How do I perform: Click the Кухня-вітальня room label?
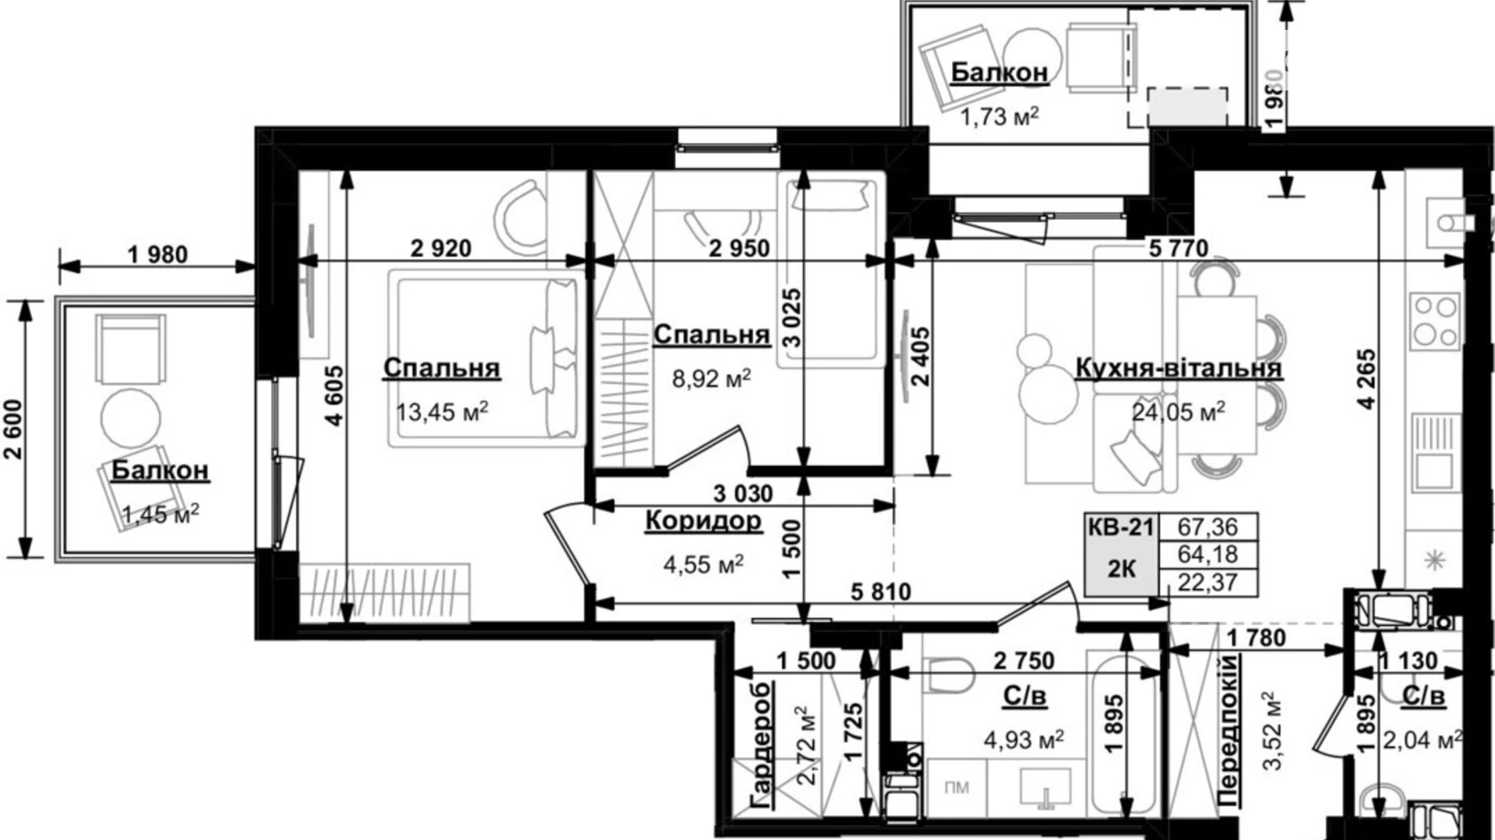pyautogui.click(x=1178, y=367)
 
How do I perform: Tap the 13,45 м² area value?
pyautogui.click(x=442, y=413)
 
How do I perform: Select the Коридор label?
pyautogui.click(x=703, y=521)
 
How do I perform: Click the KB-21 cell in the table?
pyautogui.click(x=1120, y=527)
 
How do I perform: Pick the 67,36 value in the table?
pyautogui.click(x=1207, y=527)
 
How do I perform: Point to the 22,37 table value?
pyautogui.click(x=1207, y=582)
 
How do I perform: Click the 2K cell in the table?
pyautogui.click(x=1120, y=569)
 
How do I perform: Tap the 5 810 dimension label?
pyautogui.click(x=880, y=592)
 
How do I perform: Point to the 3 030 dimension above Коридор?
pyautogui.click(x=743, y=493)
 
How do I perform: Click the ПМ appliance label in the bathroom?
pyautogui.click(x=956, y=787)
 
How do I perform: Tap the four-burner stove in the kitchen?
pyautogui.click(x=1434, y=320)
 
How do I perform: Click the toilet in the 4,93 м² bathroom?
pyautogui.click(x=949, y=674)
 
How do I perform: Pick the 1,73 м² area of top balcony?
pyautogui.click(x=999, y=118)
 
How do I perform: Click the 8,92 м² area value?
pyautogui.click(x=711, y=377)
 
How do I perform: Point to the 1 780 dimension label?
pyautogui.click(x=1255, y=639)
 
